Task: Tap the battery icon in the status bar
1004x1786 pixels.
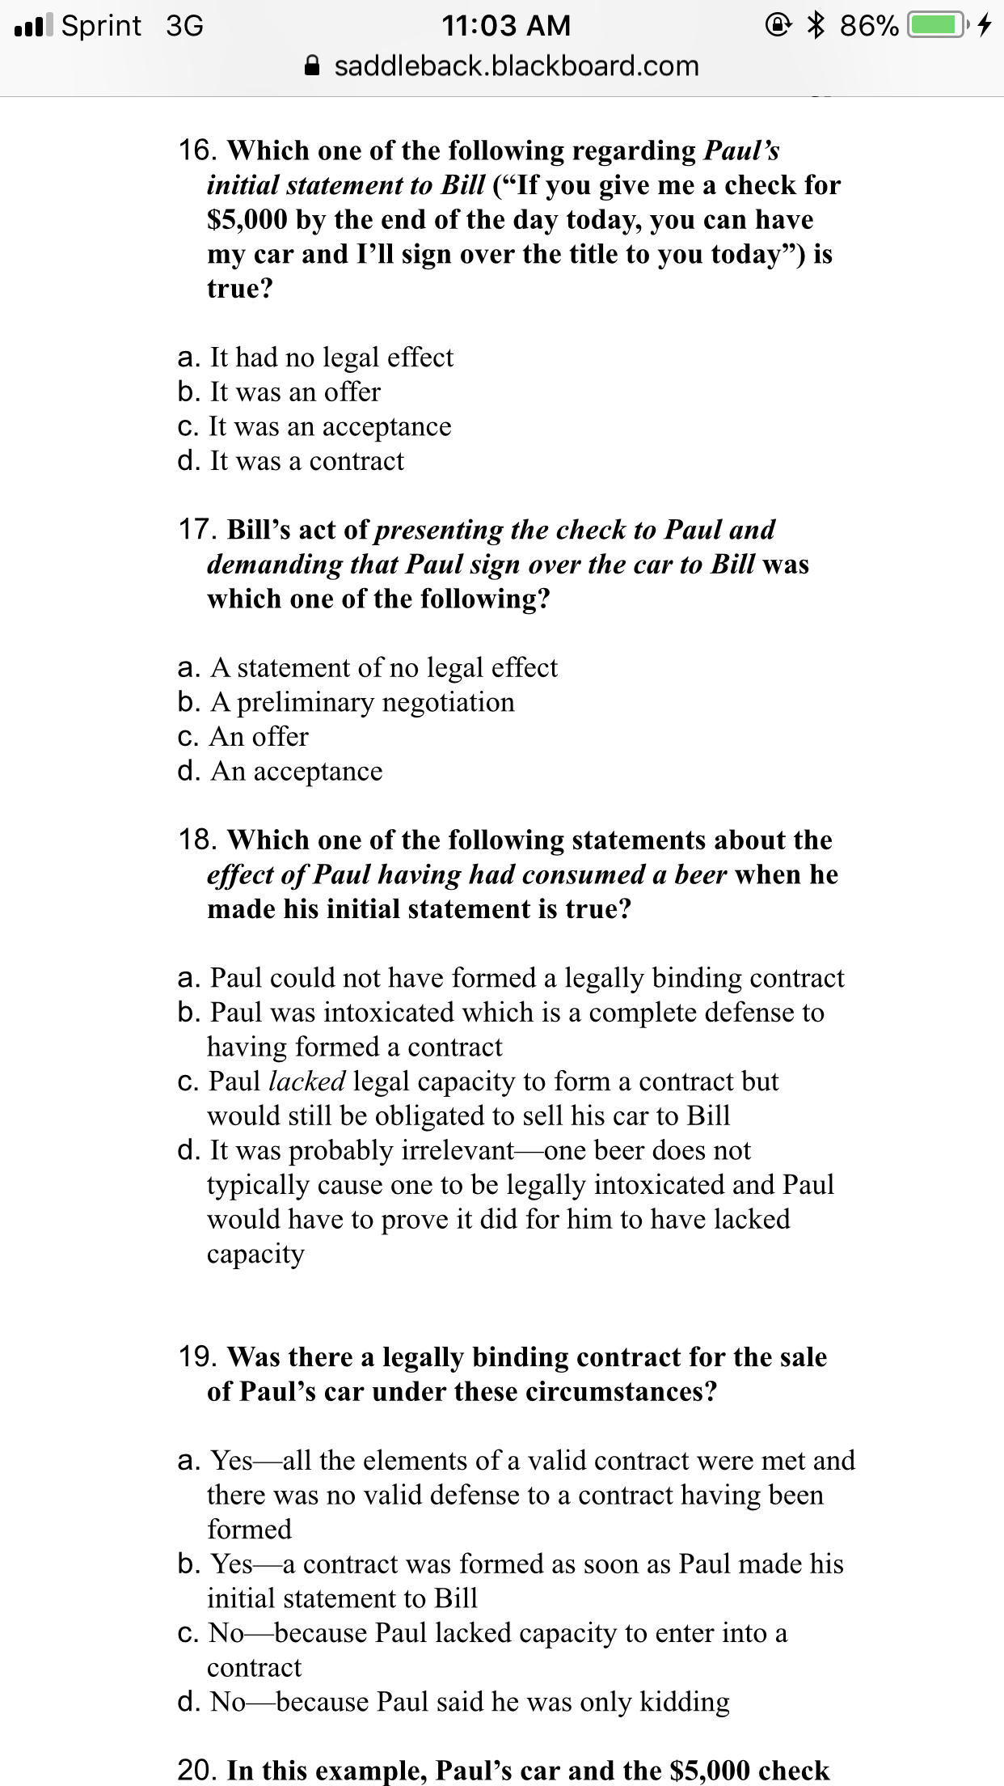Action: click(938, 25)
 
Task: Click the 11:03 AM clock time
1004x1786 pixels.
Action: click(506, 26)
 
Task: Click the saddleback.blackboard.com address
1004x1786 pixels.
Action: click(517, 66)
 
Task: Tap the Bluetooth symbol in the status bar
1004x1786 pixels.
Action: click(816, 25)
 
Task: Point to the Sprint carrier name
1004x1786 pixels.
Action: click(102, 26)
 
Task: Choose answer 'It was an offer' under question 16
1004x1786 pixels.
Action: click(294, 392)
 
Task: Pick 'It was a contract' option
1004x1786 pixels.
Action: click(306, 461)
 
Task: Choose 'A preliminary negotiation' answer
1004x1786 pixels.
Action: click(361, 702)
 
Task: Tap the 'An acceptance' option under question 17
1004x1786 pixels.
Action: click(296, 772)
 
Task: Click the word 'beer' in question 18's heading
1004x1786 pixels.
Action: click(700, 874)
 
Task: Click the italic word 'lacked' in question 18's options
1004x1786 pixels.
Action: click(307, 1081)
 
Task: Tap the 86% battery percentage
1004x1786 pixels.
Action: click(868, 26)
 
